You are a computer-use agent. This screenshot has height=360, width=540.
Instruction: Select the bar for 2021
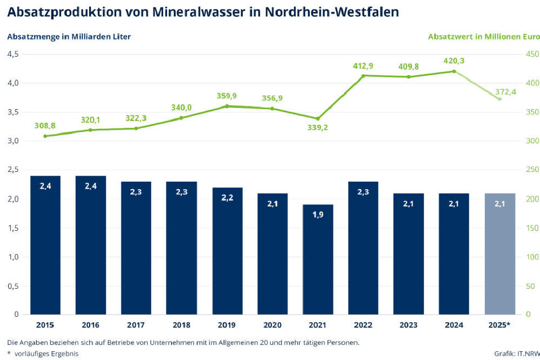(x=318, y=259)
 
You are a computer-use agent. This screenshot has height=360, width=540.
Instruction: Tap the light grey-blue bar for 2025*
(x=500, y=254)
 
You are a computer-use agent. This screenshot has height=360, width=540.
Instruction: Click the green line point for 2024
(x=454, y=71)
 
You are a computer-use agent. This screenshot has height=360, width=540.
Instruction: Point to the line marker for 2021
(x=318, y=118)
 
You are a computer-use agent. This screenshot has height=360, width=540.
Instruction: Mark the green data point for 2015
(x=45, y=136)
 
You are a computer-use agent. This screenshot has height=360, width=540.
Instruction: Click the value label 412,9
(x=363, y=66)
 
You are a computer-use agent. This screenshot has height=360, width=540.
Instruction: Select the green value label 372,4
(x=506, y=92)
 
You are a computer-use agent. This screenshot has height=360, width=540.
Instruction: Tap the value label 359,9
(x=227, y=96)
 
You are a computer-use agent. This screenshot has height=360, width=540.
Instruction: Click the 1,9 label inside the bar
(x=318, y=215)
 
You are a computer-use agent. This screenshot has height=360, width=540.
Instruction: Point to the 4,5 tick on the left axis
(x=13, y=54)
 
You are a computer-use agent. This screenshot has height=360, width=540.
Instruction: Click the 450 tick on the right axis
(x=532, y=54)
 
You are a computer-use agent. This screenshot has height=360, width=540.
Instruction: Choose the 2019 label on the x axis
(x=227, y=325)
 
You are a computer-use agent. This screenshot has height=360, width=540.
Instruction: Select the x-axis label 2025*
(x=500, y=325)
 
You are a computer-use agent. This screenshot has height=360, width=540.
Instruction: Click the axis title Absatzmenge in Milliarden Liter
(x=69, y=37)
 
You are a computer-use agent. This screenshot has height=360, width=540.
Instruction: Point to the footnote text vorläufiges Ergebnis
(x=46, y=354)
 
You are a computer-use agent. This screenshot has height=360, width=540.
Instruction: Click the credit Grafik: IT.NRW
(x=517, y=354)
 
